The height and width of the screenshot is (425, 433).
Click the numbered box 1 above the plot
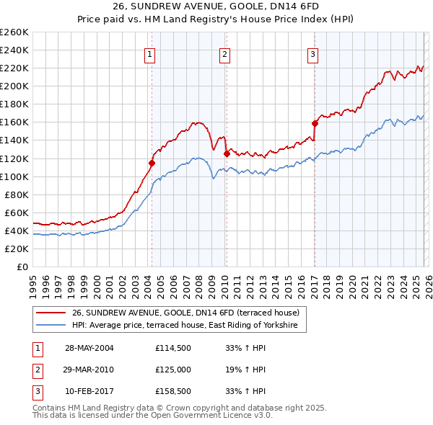coord(149,54)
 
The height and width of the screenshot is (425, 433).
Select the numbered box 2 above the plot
coord(224,54)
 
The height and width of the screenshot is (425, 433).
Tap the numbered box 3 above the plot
coord(312,54)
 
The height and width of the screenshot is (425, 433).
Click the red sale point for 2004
coord(152,163)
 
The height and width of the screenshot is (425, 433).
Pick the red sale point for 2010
coord(227,153)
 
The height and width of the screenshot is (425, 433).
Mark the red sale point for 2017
coord(315,123)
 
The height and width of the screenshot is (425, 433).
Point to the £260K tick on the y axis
coord(14,32)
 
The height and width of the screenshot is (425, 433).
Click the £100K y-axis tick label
coord(14,176)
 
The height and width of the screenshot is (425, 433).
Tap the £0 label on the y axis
coord(22,267)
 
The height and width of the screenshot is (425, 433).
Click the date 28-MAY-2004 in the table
coord(89,347)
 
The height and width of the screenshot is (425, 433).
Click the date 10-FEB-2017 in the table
coord(89,392)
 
